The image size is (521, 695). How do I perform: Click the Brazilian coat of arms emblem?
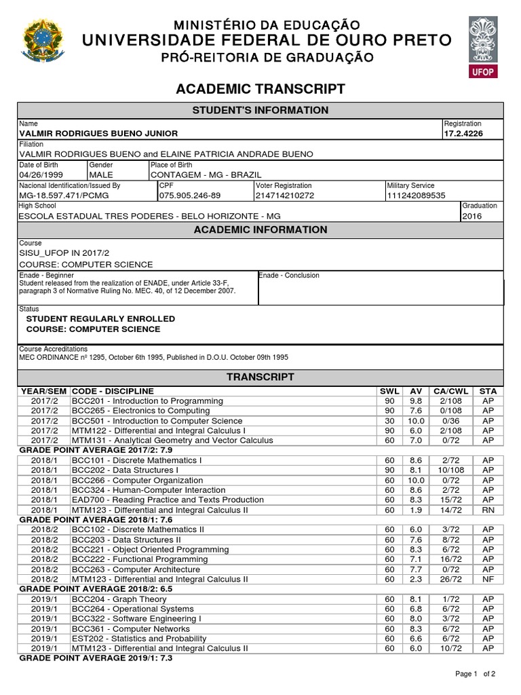pyautogui.click(x=41, y=41)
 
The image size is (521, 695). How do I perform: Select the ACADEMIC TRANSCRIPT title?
pyautogui.click(x=261, y=90)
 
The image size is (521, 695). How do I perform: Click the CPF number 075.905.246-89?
pyautogui.click(x=189, y=195)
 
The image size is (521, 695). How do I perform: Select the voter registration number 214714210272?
pyautogui.click(x=285, y=195)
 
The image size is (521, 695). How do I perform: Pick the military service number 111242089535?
pyautogui.click(x=416, y=195)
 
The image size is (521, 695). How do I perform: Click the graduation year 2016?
pyautogui.click(x=472, y=216)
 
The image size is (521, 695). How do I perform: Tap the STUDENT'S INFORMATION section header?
pyautogui.click(x=261, y=111)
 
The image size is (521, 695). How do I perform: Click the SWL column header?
pyautogui.click(x=389, y=392)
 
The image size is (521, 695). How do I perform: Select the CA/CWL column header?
pyautogui.click(x=451, y=392)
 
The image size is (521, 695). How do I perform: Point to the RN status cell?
pyautogui.click(x=487, y=510)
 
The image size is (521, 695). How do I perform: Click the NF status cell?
pyautogui.click(x=487, y=579)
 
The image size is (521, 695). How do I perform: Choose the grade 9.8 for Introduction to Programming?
pyautogui.click(x=416, y=401)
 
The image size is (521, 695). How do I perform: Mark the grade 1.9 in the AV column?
pyautogui.click(x=416, y=510)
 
